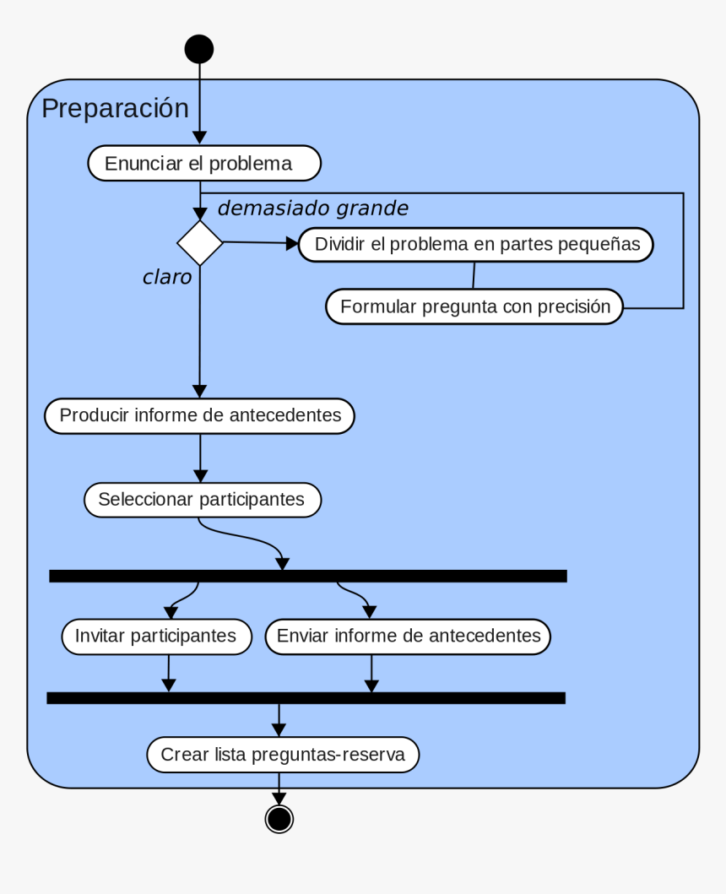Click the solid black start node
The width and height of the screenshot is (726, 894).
coord(199,49)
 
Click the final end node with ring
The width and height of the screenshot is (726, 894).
coord(279,818)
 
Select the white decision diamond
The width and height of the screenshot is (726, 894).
coord(200,243)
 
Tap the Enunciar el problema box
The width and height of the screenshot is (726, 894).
coord(204,163)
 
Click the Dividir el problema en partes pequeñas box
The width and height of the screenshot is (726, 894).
coord(475,245)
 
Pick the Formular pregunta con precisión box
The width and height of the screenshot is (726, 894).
coord(474,306)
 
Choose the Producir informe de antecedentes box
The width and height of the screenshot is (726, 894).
coord(199,416)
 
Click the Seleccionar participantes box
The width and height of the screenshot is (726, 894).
coord(202,500)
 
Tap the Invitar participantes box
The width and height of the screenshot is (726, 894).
coord(157,637)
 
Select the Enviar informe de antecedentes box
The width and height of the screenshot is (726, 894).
coord(408,637)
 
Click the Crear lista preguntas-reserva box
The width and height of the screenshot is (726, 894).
coord(283,755)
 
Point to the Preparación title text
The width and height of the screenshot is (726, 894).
coord(115,109)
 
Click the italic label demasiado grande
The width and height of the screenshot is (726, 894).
coord(312,208)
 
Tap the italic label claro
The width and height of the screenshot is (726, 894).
coord(167,277)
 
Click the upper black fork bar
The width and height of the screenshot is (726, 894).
coord(307,576)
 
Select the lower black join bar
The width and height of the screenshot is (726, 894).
coord(306,697)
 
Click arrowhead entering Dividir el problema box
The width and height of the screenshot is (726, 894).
coord(292,244)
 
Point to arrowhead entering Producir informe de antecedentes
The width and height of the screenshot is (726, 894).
coord(199,391)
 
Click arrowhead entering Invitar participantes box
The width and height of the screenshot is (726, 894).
coord(171,614)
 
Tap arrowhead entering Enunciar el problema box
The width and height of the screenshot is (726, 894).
coord(199,138)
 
